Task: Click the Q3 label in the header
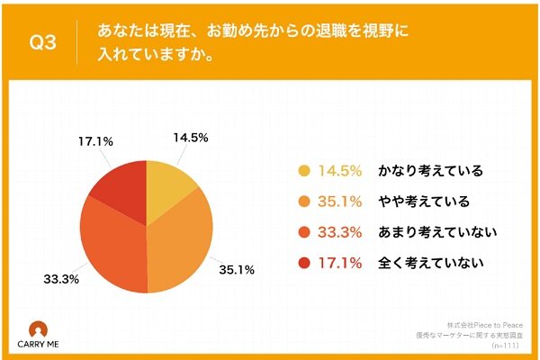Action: click(45, 42)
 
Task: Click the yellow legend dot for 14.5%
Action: click(303, 171)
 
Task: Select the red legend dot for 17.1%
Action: click(303, 263)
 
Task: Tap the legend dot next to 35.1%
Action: click(303, 202)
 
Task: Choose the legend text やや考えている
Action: click(420, 202)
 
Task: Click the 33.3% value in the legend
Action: click(339, 232)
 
